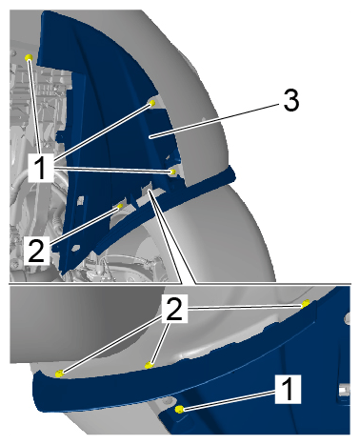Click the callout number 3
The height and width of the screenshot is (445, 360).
pyautogui.click(x=291, y=100)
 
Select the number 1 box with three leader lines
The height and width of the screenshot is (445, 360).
pyautogui.click(x=41, y=168)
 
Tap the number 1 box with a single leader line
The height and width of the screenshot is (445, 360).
pyautogui.click(x=288, y=389)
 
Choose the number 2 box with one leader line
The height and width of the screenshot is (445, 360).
pyautogui.click(x=36, y=251)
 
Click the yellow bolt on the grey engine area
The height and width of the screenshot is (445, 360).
pyautogui.click(x=29, y=57)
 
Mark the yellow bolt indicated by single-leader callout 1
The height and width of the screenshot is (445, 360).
pyautogui.click(x=179, y=409)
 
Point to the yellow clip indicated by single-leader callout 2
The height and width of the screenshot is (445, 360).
pyautogui.click(x=120, y=207)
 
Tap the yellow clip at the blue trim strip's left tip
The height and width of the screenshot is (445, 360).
pyautogui.click(x=59, y=374)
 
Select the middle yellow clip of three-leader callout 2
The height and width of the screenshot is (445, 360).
pyautogui.click(x=149, y=365)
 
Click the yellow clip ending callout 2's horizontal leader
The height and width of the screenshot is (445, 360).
pyautogui.click(x=306, y=304)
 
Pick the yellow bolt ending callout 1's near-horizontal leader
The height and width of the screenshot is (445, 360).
pyautogui.click(x=172, y=172)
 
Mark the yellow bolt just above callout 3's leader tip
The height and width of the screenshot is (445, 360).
pyautogui.click(x=152, y=103)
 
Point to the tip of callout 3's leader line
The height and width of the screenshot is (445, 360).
pyautogui.click(x=150, y=136)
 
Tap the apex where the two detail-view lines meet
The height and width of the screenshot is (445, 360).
pyautogui.click(x=150, y=191)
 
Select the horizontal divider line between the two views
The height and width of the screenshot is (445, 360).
pyautogui.click(x=180, y=283)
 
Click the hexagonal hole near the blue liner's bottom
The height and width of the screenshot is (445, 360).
pyautogui.click(x=76, y=247)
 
